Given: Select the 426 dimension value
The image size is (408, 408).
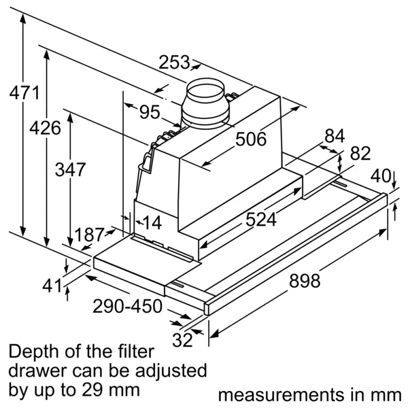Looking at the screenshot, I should click(x=46, y=126).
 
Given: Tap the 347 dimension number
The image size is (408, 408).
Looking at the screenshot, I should click(x=70, y=169).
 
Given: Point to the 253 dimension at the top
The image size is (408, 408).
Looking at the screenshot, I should click(x=175, y=63).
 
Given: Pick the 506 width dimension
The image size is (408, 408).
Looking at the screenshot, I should click(x=250, y=139).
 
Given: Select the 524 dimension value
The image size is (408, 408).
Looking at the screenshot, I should click(x=261, y=219).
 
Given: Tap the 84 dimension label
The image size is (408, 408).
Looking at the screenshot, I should click(x=335, y=136).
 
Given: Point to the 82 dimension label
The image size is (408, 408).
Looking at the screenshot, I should click(x=360, y=154).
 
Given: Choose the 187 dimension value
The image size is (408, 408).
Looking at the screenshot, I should click(x=88, y=235).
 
